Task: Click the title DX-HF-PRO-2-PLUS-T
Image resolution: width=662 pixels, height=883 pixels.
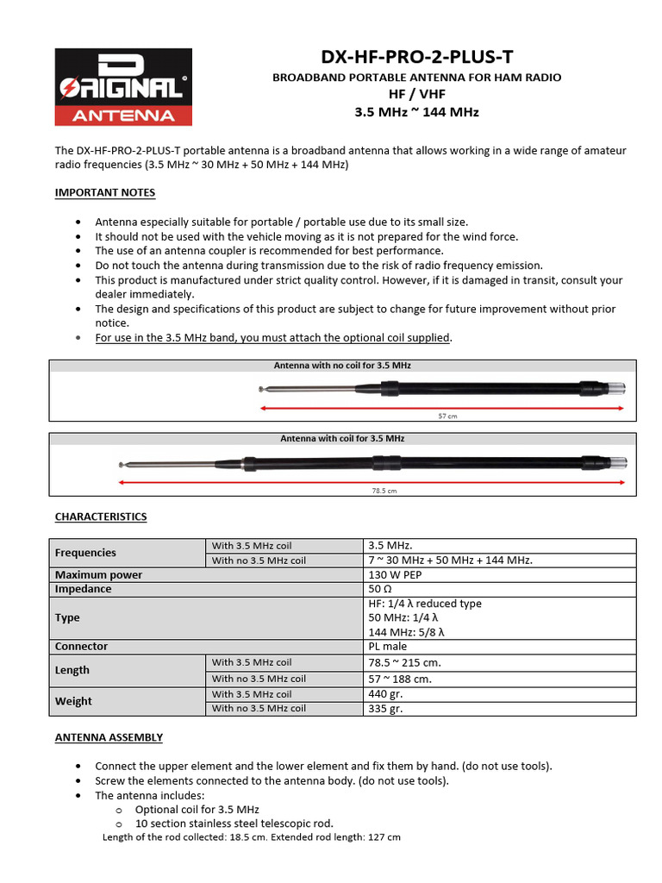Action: click(x=416, y=58)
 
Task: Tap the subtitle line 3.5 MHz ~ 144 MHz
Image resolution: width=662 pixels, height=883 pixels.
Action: click(x=416, y=112)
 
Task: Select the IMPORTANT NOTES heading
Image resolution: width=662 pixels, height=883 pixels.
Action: click(x=105, y=192)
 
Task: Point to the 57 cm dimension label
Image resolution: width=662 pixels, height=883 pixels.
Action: click(x=447, y=416)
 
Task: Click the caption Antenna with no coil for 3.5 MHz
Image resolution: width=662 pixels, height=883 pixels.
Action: click(x=342, y=366)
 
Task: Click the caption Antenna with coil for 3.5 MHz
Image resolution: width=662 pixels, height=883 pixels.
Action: click(x=342, y=439)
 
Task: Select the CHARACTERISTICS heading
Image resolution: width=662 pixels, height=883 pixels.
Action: click(x=101, y=517)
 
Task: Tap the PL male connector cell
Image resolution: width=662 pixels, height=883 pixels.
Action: click(x=388, y=646)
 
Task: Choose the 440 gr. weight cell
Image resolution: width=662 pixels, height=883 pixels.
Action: click(x=385, y=694)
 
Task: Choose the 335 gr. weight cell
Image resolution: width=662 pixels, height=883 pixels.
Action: click(x=385, y=709)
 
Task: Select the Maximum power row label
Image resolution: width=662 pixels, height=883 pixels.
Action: click(x=99, y=575)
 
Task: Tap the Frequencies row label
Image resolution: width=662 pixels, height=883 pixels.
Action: click(x=85, y=553)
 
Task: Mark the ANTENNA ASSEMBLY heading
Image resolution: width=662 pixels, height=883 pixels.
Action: click(x=109, y=737)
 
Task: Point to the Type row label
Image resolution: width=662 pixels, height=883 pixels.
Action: click(x=67, y=617)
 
